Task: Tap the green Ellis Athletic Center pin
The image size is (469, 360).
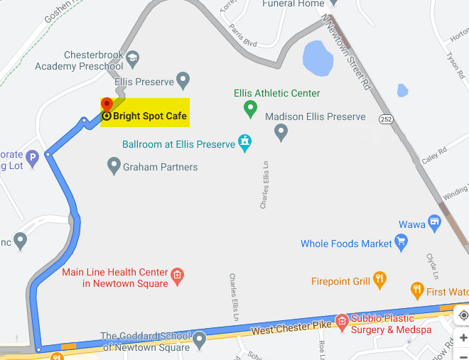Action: tap(250, 109)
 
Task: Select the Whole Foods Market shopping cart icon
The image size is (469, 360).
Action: tap(401, 244)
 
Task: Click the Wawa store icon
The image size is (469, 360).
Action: tap(434, 224)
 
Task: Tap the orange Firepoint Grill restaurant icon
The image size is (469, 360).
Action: tap(379, 280)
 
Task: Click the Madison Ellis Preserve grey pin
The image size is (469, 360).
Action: tap(281, 131)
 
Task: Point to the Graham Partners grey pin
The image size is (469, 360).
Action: tap(114, 166)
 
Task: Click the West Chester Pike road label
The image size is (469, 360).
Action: tap(292, 329)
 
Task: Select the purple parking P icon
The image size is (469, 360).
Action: tap(32, 157)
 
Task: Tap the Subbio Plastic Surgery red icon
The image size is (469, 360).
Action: tap(342, 321)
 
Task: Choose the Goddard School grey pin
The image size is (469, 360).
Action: tap(200, 339)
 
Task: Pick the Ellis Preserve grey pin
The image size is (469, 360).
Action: tap(183, 79)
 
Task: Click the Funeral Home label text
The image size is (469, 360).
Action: tap(293, 4)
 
